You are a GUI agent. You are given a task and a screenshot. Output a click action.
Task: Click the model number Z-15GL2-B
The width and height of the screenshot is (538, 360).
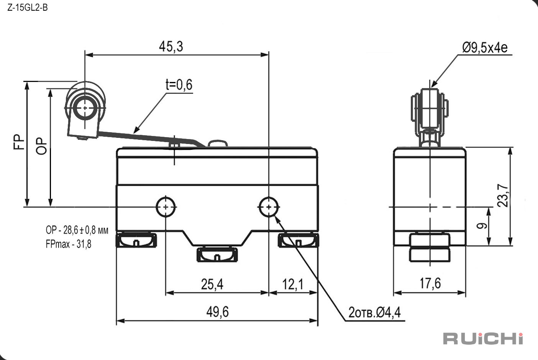click(x=27, y=8)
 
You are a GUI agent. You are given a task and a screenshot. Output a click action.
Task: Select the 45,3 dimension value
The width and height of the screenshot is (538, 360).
click(x=171, y=46)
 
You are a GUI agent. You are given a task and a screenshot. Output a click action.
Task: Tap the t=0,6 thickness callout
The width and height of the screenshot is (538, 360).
click(x=179, y=84)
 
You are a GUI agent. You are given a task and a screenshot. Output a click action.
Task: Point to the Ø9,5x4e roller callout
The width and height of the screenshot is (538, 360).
click(x=485, y=47)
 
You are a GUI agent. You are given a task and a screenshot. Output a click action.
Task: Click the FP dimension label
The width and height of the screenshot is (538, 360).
click(x=19, y=142)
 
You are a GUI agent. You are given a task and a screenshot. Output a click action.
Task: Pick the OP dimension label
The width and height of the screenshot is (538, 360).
click(x=41, y=146)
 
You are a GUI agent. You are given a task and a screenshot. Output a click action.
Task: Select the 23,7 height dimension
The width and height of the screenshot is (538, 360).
click(x=503, y=195)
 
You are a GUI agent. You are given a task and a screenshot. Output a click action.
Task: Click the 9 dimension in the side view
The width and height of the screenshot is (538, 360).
click(x=482, y=226)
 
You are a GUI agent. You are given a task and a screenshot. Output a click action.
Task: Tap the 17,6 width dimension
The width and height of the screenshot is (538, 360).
click(x=430, y=283)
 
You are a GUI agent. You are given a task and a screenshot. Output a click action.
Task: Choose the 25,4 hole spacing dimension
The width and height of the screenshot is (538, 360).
click(x=212, y=284)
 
